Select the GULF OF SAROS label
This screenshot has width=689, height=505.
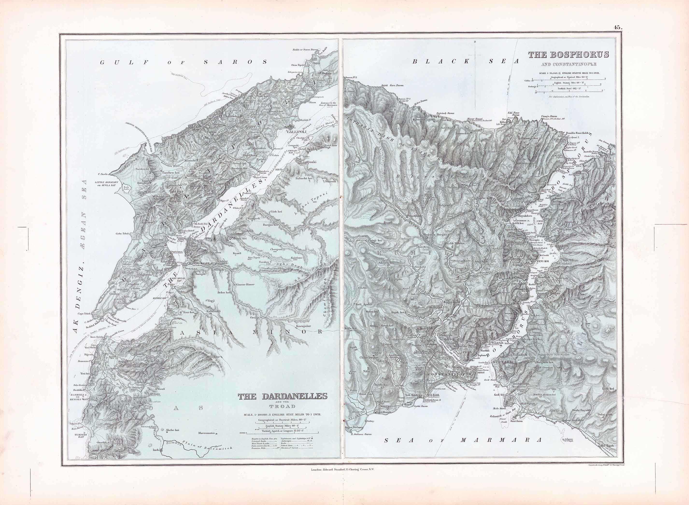(x=184, y=62)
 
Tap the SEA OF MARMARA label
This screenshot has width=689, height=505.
(x=463, y=449)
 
